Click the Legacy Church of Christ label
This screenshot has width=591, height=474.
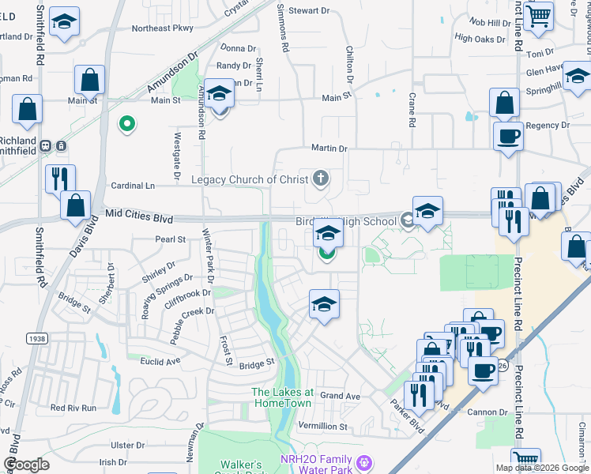(249, 179)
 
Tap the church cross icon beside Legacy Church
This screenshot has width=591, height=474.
(321, 178)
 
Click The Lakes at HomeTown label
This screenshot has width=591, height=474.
(283, 397)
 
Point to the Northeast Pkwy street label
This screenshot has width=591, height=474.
(162, 28)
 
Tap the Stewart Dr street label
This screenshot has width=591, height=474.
(308, 10)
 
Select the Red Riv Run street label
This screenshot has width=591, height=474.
(73, 408)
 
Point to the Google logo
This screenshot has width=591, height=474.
(26, 465)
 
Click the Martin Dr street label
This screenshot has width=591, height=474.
(329, 148)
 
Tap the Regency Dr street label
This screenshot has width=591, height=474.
(542, 125)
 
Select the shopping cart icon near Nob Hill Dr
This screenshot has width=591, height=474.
(537, 15)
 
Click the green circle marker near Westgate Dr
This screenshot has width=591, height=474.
(125, 124)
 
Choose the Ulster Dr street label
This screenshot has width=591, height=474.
(128, 446)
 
